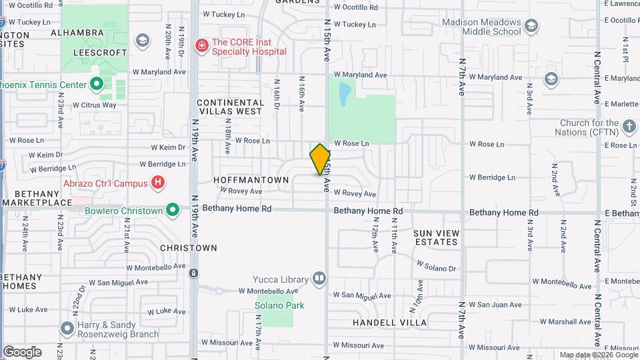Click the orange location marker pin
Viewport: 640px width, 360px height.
pos(320,159)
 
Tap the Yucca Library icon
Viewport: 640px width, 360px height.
pos(319,278)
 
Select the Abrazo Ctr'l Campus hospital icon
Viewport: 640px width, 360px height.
pos(157,181)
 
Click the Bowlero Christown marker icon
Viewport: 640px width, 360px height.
pos(173,211)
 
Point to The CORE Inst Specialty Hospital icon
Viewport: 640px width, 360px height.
pos(201,45)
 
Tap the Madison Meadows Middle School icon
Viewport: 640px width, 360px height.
pos(531,26)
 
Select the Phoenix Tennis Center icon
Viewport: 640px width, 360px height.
pos(97,84)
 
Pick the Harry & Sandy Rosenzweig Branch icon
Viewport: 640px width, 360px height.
pos(67,329)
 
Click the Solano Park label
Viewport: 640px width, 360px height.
pos(279,305)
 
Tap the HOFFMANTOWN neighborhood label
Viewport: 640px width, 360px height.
pos(251,180)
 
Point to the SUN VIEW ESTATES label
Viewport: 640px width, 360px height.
pos(437,237)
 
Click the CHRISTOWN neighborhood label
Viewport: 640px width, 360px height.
pos(189,248)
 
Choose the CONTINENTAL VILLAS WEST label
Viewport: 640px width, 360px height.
pos(230,107)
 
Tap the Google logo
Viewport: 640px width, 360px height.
pos(22,351)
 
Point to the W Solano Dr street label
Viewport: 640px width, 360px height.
pos(436,267)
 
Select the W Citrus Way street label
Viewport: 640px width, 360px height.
pos(94,105)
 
